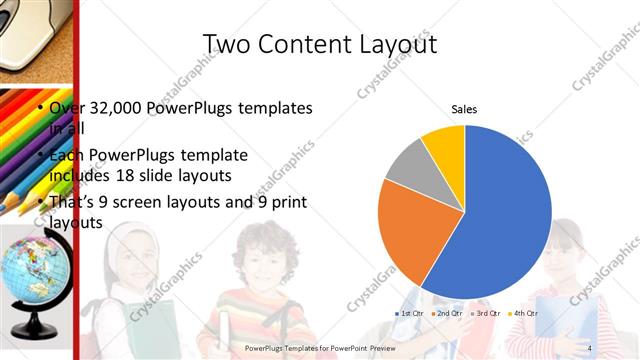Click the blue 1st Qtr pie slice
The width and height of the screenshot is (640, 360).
click(x=505, y=210)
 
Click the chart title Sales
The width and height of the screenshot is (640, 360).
click(x=464, y=109)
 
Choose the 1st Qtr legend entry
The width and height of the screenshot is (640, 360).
click(x=410, y=314)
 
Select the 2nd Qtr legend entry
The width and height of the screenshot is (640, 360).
click(x=447, y=314)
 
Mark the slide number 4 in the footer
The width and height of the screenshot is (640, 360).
click(x=590, y=347)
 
